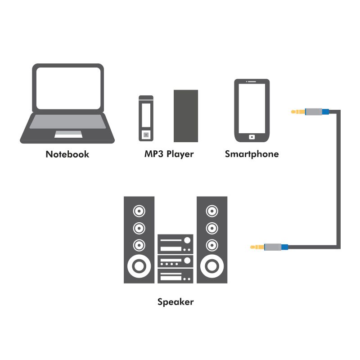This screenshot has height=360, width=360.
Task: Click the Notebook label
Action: (x=67, y=154)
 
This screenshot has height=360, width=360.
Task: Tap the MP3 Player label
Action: (x=169, y=154)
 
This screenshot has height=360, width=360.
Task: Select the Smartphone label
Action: (x=252, y=154)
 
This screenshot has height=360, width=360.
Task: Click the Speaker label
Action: (x=175, y=301)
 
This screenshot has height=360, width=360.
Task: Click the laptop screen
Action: (x=68, y=88)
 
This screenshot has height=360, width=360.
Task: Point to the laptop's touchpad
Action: (x=68, y=134)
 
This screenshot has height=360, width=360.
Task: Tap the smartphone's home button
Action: (x=252, y=136)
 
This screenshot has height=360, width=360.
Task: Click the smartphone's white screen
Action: (x=252, y=107)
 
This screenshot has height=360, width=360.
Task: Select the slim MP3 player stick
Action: (x=146, y=118)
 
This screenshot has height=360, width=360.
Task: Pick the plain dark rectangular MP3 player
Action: (x=186, y=116)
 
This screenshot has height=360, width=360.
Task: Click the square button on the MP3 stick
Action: (x=146, y=134)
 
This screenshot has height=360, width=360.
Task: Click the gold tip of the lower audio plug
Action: (x=255, y=247)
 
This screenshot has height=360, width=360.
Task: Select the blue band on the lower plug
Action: (x=284, y=247)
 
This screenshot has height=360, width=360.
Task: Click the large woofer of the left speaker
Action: (x=139, y=266)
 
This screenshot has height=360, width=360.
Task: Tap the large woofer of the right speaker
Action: (x=211, y=266)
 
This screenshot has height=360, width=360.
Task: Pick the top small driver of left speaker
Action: (x=139, y=211)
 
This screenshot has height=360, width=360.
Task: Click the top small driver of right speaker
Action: (x=211, y=211)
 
